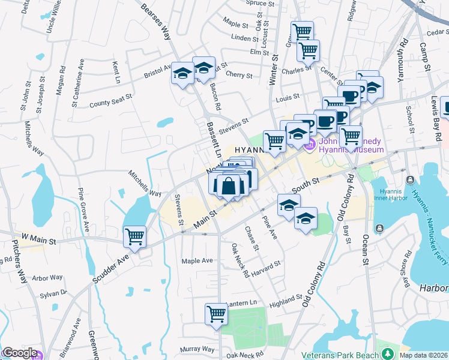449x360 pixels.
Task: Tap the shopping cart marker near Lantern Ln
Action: [x=215, y=313]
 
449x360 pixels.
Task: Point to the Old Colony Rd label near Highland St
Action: [x=315, y=286]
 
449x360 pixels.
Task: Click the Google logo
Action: [x=19, y=353]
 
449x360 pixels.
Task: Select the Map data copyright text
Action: [x=423, y=355]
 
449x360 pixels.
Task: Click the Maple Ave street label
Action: [x=197, y=261]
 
